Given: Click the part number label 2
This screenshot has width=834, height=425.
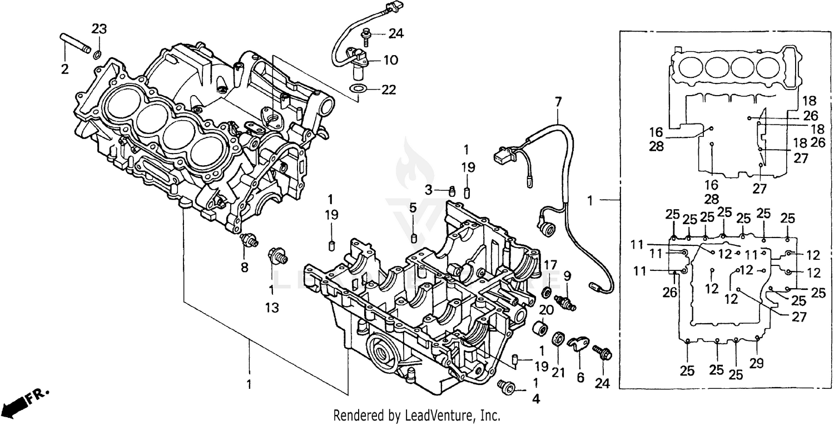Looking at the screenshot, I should click(x=64, y=70).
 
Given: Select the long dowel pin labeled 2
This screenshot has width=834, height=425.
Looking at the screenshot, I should click(x=74, y=43).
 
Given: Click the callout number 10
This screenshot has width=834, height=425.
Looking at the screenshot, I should click(x=391, y=60).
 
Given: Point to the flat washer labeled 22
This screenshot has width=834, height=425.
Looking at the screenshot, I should click(x=358, y=89).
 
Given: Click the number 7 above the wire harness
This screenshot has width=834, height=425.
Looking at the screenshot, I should click(x=558, y=102).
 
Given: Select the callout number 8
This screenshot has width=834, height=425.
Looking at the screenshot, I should click(x=244, y=266).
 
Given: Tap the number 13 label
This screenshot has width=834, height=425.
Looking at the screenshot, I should click(x=272, y=307).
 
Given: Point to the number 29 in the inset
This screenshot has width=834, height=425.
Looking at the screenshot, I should click(x=757, y=363).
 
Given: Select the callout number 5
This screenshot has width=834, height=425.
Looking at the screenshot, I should click(x=413, y=208).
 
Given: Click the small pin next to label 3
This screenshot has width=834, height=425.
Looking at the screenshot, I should click(x=452, y=191).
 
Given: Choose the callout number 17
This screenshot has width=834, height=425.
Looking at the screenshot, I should click(x=550, y=264).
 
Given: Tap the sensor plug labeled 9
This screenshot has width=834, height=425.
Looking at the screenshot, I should click(x=568, y=302).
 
